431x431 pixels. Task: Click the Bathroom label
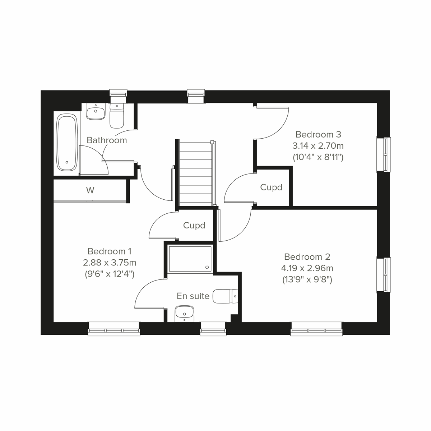[x=107, y=140]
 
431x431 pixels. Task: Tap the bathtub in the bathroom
[x=67, y=142]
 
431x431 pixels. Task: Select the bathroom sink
[x=96, y=111]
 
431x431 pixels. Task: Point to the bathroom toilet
[x=116, y=116]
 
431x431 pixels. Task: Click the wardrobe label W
[x=90, y=190]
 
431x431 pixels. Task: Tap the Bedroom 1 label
[x=107, y=251]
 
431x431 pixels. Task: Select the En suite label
[x=193, y=296]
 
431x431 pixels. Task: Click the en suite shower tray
[x=190, y=259]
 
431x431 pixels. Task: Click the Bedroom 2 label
[x=307, y=257]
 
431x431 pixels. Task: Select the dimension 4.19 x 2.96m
[x=307, y=268]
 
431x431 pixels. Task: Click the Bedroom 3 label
[x=318, y=134]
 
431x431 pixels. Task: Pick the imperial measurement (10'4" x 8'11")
[x=318, y=157]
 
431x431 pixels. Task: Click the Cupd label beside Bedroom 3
[x=271, y=187]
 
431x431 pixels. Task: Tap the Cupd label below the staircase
[x=194, y=225]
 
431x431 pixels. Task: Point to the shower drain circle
[x=207, y=267]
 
